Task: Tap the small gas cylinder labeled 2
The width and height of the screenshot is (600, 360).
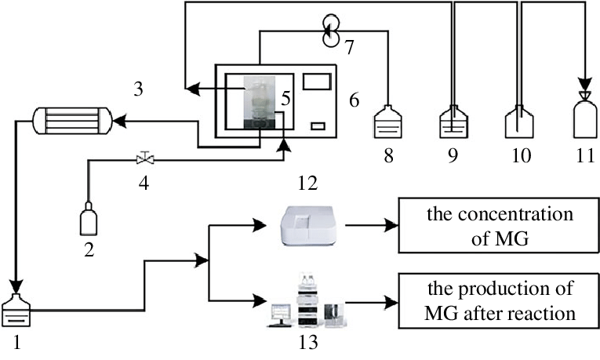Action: pyautogui.click(x=89, y=220)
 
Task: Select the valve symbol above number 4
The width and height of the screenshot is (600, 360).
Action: pyautogui.click(x=144, y=159)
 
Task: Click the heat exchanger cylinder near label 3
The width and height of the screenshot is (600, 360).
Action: pyautogui.click(x=69, y=122)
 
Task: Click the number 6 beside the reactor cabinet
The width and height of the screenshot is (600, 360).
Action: pyautogui.click(x=354, y=100)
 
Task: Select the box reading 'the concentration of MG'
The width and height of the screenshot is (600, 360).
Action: pyautogui.click(x=493, y=227)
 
